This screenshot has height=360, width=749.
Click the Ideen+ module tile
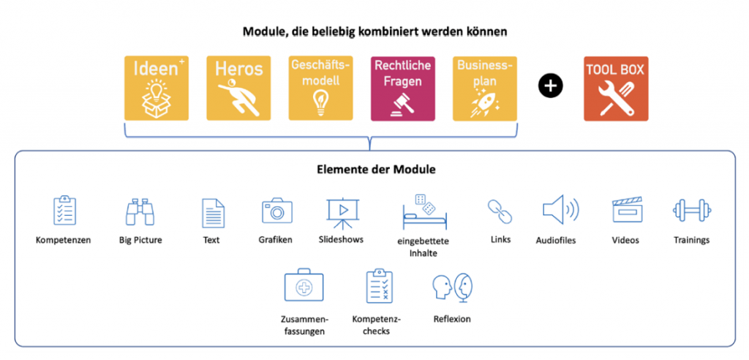click(157, 89)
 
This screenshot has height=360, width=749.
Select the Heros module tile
click(238, 89)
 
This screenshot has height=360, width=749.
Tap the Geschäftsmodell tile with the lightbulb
click(320, 89)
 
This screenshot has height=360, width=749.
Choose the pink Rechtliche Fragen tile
click(403, 89)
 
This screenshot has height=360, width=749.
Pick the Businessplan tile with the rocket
click(485, 89)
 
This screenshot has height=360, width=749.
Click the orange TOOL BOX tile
click(616, 89)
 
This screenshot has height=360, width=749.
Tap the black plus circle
click(550, 86)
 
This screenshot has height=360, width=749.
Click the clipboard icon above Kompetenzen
click(64, 210)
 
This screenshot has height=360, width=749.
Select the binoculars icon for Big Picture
click(140, 211)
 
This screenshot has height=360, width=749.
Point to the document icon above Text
click(213, 213)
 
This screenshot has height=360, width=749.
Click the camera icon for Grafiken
click(277, 211)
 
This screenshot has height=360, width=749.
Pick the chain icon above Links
click(500, 211)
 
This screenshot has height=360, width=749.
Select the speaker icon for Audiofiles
click(560, 210)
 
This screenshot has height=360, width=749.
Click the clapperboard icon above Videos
click(628, 209)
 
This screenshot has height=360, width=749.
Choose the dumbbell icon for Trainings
click(692, 210)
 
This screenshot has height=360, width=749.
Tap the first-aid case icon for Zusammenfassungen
click(304, 287)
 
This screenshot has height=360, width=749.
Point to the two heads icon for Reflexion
click(452, 288)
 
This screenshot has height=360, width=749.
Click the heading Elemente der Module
click(376, 170)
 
